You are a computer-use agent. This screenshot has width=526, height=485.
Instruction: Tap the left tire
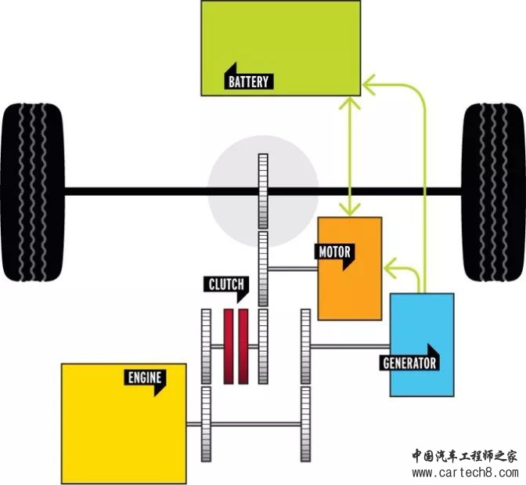[32, 192]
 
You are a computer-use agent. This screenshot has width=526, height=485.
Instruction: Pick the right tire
[493, 192]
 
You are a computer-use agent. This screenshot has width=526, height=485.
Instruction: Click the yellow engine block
[124, 424]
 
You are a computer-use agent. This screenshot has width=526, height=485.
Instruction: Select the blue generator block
[422, 345]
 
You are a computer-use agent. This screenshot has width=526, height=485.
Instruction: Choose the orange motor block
[350, 269]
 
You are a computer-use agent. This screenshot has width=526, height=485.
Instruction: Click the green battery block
[281, 48]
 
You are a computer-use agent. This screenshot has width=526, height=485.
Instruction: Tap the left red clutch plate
[229, 346]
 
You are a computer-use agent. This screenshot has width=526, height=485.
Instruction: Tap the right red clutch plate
[243, 346]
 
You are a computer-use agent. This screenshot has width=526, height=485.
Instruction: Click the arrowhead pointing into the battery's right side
[369, 85]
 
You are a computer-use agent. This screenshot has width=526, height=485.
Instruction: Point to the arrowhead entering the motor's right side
[391, 268]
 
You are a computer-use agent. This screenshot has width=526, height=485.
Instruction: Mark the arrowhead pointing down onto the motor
[350, 209]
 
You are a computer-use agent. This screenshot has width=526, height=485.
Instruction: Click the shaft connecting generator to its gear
[350, 346]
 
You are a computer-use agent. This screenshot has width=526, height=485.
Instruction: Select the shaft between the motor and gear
[293, 269]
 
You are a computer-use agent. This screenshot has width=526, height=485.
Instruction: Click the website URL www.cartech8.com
[465, 473]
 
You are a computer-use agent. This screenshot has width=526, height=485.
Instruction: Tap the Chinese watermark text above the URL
[465, 456]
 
